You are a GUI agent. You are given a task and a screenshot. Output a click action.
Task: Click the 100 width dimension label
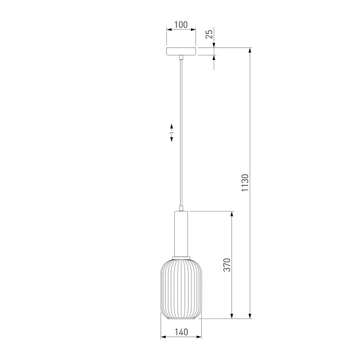tap(181, 25)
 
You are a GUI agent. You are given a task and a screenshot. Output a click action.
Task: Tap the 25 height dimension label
tap(209, 34)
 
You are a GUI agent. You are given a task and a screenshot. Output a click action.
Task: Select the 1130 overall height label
tap(245, 183)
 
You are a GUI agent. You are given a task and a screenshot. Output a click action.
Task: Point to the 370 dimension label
tap(227, 265)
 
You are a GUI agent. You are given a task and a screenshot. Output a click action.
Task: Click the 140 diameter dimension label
tap(181, 332)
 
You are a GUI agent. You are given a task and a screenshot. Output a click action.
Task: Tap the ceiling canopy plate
tap(181, 51)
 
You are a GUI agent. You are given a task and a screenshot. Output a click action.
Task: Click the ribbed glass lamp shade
tap(181, 289)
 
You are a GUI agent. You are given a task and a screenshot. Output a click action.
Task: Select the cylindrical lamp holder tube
tap(181, 234)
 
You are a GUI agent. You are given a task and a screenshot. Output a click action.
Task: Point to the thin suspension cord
tap(181, 133)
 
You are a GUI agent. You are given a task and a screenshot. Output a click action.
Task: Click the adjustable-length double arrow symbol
tap(171, 133)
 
